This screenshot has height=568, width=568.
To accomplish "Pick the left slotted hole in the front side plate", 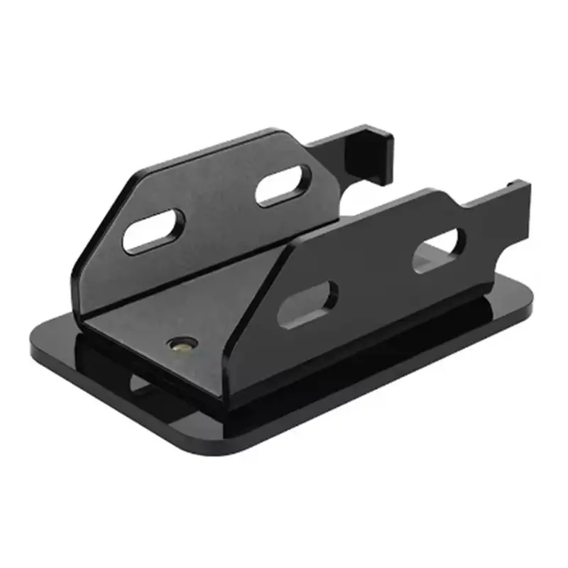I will tap(307, 304).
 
